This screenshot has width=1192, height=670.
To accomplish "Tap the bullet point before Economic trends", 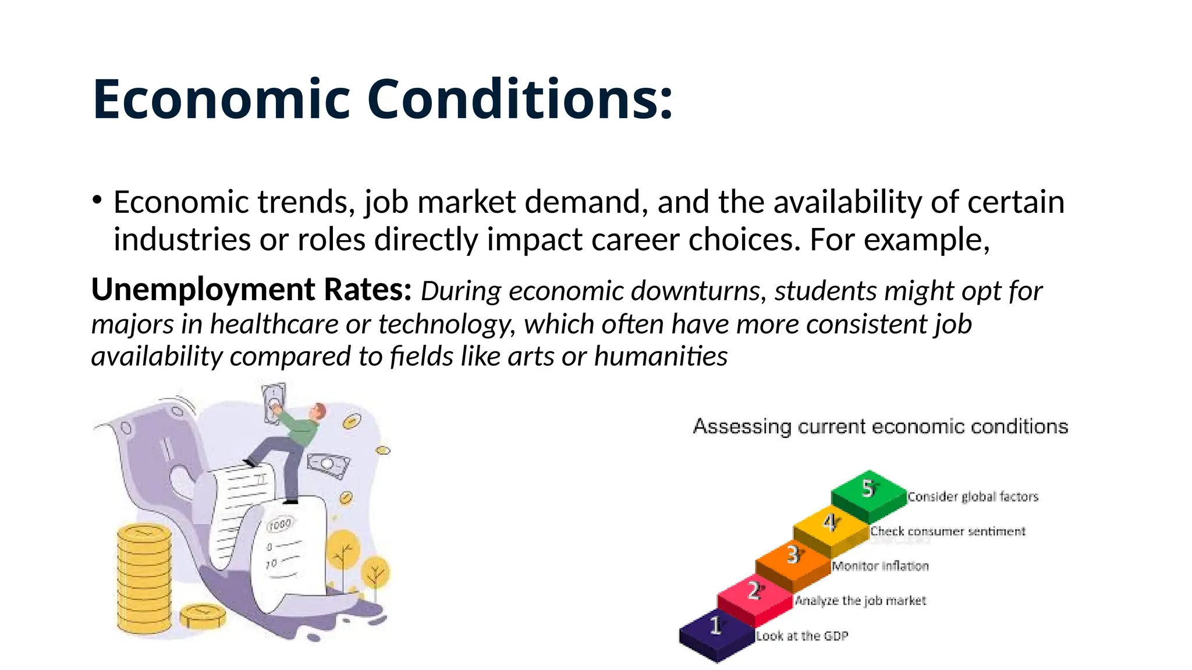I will [97, 201].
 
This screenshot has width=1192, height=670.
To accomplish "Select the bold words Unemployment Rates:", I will [251, 290].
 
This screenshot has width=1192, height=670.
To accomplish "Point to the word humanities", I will [661, 356].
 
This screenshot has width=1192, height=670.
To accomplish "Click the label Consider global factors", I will [973, 497].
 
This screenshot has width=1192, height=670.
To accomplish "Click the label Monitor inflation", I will [880, 566].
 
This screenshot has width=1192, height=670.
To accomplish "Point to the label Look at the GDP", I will [801, 636].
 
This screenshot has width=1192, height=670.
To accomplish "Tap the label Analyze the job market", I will [860, 601].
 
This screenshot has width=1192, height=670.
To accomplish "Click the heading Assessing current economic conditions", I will [880, 426].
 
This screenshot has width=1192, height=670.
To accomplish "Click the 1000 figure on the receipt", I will [279, 525].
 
